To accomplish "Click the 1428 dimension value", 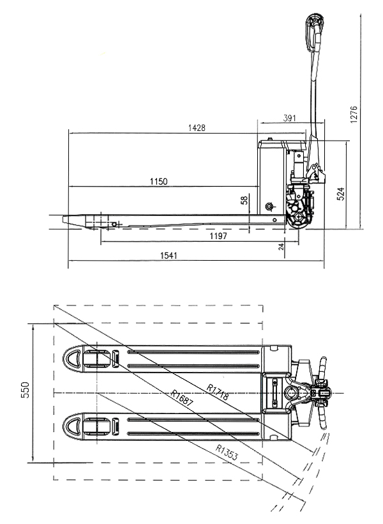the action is point(197,128).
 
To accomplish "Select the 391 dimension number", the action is point(289,118).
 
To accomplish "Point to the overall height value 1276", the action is point(354,114).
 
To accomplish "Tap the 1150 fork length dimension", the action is point(158,181).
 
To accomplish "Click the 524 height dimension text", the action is point(340,194).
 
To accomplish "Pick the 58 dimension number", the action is point(244,200).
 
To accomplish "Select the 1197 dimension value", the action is point(218,236).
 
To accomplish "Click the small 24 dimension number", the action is point(281,247).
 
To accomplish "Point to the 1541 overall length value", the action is point(169,256).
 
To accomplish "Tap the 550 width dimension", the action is point(26,390).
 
